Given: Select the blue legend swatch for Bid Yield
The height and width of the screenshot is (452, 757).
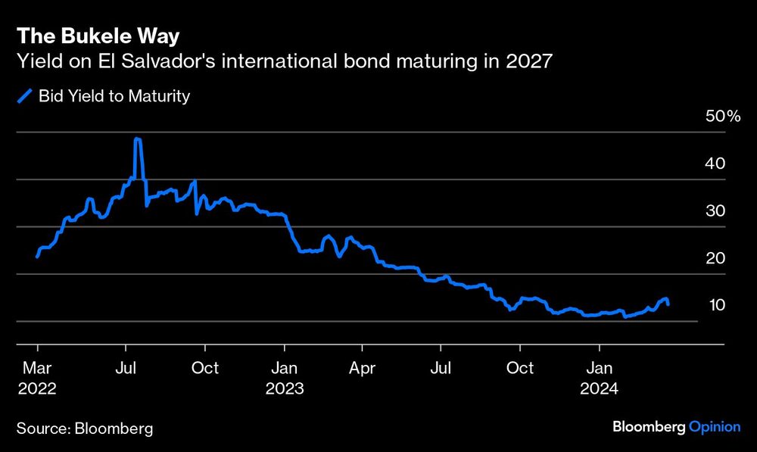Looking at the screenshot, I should [x=25, y=96].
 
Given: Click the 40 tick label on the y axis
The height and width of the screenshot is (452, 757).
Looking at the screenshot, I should [x=715, y=164].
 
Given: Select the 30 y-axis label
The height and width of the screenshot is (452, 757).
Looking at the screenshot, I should [x=715, y=210].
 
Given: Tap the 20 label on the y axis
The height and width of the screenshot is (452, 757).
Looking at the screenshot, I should [x=715, y=258].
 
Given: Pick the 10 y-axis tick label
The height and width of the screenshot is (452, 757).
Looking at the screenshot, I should [x=715, y=305].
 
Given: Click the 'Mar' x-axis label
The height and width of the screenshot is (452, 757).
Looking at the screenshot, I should [x=37, y=368].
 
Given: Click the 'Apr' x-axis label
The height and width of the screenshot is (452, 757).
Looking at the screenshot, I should [x=362, y=368].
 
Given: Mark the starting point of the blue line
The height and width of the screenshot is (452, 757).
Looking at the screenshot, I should [x=37, y=257].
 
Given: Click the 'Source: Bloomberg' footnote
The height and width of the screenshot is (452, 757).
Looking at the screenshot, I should [x=85, y=429].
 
